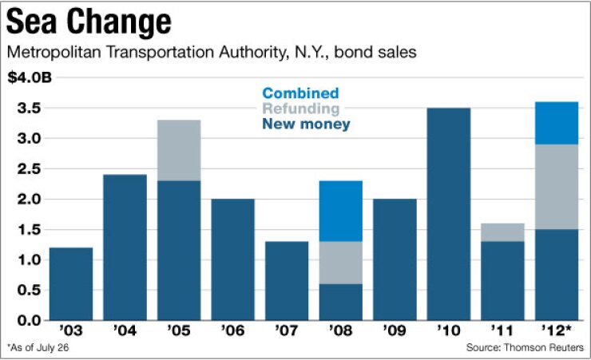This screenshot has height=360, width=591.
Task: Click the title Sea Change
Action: (x=89, y=24)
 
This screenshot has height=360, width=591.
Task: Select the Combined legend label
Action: (x=300, y=93)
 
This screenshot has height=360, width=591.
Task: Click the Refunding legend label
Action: (x=300, y=109)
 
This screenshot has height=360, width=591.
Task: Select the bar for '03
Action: (x=71, y=283)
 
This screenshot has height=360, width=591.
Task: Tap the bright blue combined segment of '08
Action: (x=340, y=211)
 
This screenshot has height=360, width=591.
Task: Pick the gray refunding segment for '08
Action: (x=340, y=263)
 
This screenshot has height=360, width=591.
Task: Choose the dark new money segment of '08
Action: (x=340, y=302)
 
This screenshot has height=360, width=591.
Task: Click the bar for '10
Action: (x=449, y=214)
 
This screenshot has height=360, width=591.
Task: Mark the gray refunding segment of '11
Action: (x=502, y=232)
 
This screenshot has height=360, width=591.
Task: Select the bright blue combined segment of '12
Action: (x=556, y=123)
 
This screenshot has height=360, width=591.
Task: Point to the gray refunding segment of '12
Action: (x=556, y=187)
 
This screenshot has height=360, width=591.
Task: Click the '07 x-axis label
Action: (x=287, y=329)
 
